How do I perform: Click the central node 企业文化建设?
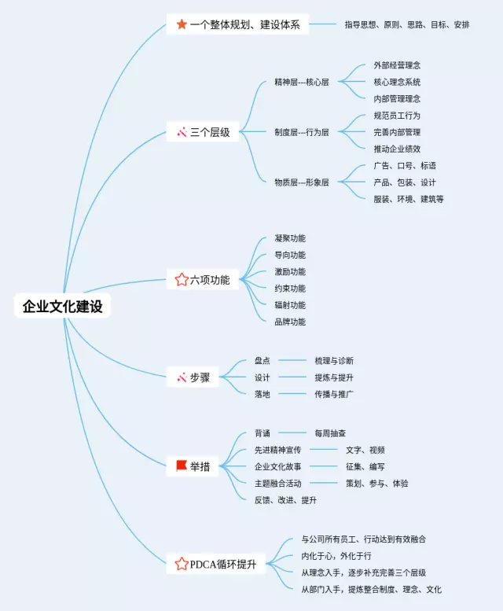63,307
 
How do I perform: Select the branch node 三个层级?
210,132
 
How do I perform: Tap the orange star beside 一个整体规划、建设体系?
182,24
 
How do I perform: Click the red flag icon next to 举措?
182,466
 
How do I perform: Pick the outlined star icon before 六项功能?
182,279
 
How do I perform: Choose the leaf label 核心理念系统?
397,82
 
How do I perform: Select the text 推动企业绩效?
397,149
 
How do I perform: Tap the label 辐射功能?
290,305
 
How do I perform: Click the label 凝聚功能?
290,238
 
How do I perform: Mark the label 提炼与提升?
333,377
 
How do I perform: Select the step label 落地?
263,394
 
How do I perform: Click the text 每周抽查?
330,433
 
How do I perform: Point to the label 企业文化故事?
277,466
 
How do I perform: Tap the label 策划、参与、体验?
376,484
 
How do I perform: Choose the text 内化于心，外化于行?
336,556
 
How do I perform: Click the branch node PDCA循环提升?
222,564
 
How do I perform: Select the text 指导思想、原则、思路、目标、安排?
406,24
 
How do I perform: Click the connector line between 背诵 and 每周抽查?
292,433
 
